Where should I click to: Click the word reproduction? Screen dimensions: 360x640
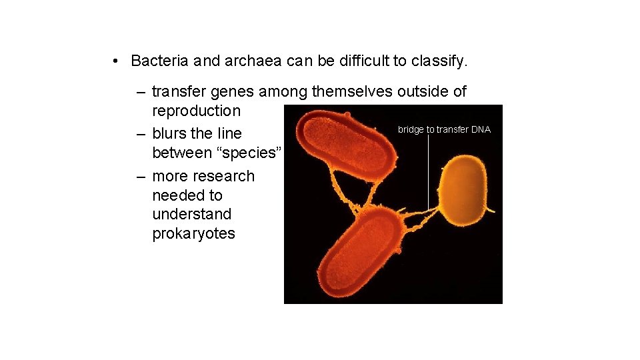point(196,111)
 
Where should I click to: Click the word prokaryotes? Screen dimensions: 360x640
point(193,234)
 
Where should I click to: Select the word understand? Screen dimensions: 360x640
point(192,214)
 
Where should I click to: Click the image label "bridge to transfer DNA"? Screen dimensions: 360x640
point(444,129)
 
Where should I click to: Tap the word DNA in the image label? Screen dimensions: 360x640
point(481,129)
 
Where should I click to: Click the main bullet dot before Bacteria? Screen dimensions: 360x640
point(115,61)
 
